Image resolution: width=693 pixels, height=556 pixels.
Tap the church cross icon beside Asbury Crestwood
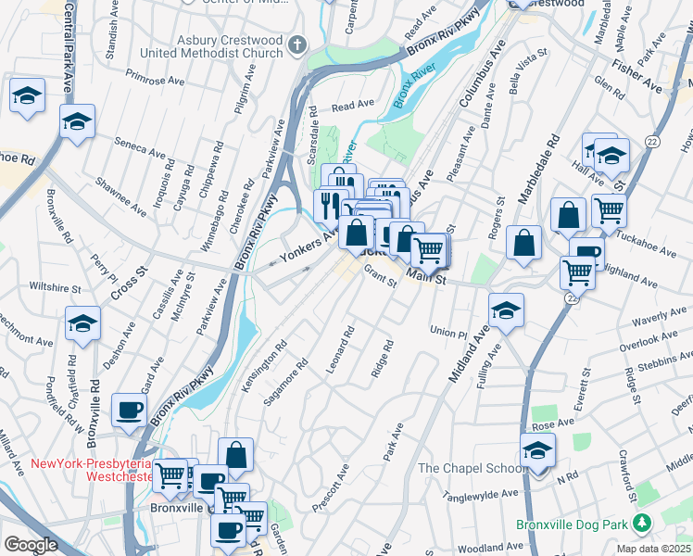coord(297,44)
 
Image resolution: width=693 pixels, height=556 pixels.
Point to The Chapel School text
coord(471,468)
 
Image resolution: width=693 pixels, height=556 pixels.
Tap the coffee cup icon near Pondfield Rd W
coord(129,409)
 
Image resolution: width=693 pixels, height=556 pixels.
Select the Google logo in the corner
coord(31,545)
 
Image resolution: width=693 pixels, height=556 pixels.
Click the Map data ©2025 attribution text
coord(654,549)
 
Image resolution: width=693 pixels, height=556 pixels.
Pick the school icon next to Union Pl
coord(507,310)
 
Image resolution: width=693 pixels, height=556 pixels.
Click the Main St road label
coord(427,276)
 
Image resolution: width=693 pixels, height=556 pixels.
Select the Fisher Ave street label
coord(636,77)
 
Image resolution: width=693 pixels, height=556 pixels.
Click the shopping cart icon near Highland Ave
coord(578,272)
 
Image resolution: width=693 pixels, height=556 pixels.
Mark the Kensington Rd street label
coord(263,368)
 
